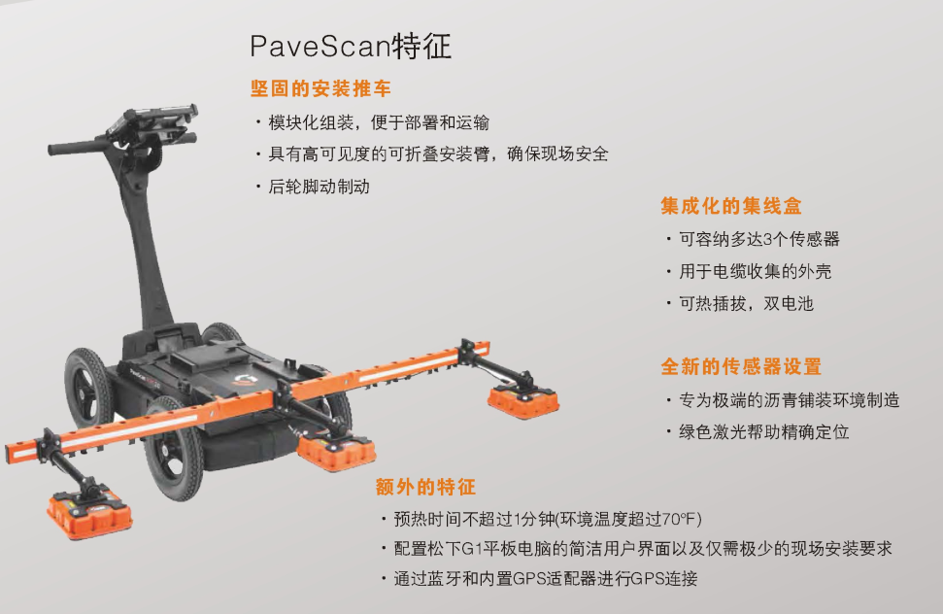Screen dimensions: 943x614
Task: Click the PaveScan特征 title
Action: (x=351, y=47)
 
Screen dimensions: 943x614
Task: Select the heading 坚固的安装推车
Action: (x=320, y=88)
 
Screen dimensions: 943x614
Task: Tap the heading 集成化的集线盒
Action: (x=730, y=206)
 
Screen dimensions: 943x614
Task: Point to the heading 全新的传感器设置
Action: (x=741, y=366)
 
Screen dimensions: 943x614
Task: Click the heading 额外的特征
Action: (x=425, y=487)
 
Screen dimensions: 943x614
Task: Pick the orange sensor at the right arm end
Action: (x=523, y=400)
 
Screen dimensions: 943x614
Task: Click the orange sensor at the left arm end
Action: (x=89, y=513)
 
